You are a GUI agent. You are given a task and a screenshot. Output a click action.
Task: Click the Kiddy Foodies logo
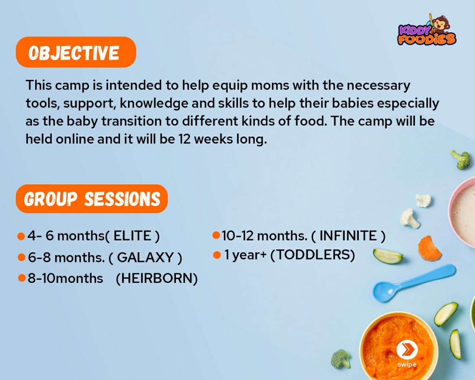click(x=427, y=31)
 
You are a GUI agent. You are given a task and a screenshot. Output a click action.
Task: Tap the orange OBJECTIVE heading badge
click(x=76, y=52)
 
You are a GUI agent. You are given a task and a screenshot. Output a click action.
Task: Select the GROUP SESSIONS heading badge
click(x=92, y=199)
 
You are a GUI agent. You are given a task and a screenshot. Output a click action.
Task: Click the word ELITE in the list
click(x=132, y=236)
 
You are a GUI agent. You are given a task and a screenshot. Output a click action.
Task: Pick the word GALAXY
click(x=145, y=258)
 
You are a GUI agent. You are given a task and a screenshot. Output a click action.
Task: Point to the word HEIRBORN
click(x=157, y=278)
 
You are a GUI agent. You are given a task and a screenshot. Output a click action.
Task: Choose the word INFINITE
click(x=348, y=236)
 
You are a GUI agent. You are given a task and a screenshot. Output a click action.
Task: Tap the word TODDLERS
click(x=312, y=255)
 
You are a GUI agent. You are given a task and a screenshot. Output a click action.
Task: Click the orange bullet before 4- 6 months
click(x=21, y=236)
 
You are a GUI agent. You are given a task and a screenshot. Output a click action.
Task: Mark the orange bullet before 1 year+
click(x=217, y=255)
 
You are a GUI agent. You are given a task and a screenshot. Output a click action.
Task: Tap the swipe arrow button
click(x=407, y=350)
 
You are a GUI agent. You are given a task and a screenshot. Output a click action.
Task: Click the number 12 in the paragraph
click(x=184, y=139)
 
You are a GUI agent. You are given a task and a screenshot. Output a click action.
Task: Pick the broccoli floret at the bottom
click(x=340, y=358)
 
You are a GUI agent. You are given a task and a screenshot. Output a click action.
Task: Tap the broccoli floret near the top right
click(x=461, y=159)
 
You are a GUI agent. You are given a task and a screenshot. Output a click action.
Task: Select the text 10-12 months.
click(x=264, y=236)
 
